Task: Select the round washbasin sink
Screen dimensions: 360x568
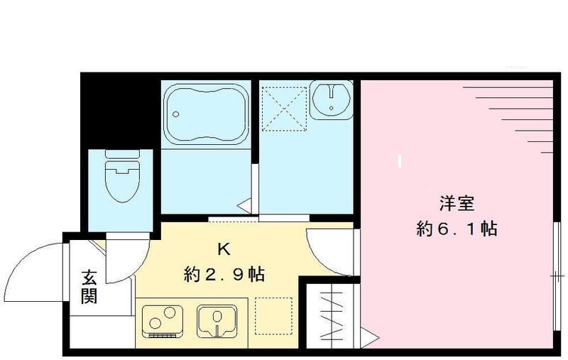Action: (332, 99)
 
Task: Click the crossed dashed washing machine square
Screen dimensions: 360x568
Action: (282, 109)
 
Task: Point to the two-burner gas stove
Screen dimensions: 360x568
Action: (163, 320)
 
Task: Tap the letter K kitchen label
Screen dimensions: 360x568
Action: (223, 249)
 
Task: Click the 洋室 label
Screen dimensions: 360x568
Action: (456, 204)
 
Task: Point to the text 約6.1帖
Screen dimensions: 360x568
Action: (456, 229)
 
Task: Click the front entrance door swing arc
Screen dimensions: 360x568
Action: (35, 273)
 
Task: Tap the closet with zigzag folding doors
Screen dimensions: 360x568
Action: (332, 312)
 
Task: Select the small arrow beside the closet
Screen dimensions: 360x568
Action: (368, 334)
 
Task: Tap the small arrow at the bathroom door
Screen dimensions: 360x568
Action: (243, 207)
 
